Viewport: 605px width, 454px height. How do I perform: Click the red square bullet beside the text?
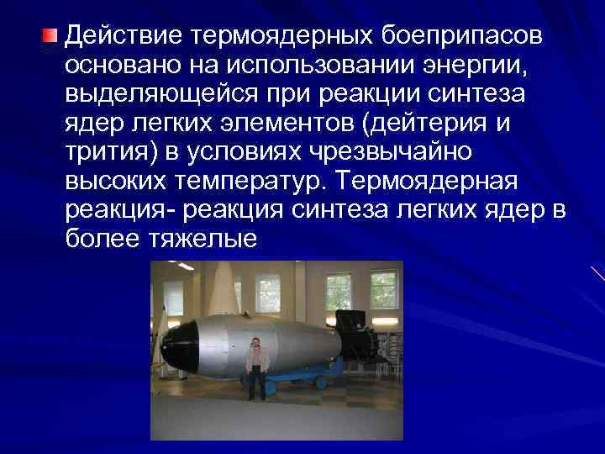pos(51,35)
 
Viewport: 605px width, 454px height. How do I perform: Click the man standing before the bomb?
pos(256,366)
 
